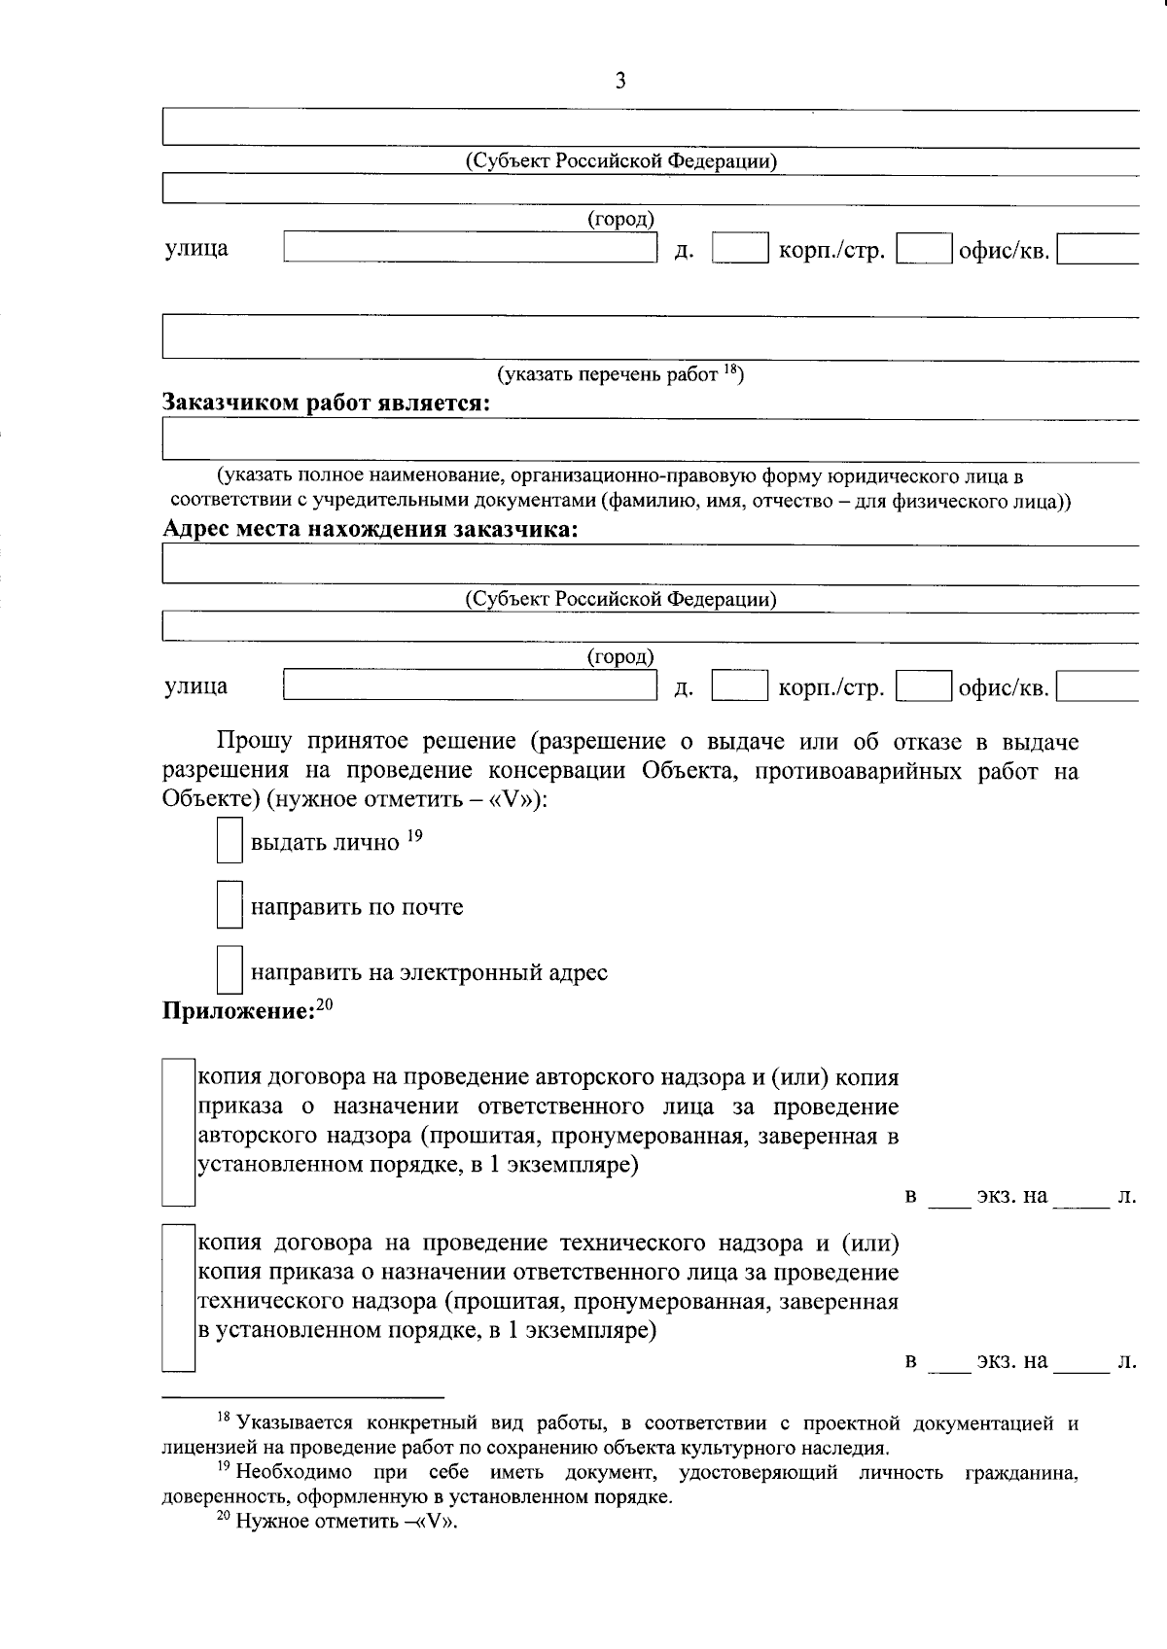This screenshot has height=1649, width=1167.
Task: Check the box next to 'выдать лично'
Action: [x=229, y=841]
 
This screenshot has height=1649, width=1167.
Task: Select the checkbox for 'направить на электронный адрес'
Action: [x=229, y=971]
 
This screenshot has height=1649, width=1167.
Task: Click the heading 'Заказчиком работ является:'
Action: [x=326, y=403]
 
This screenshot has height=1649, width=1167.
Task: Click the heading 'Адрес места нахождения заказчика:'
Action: [x=370, y=530]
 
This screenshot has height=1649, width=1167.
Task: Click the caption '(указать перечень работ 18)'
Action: [x=620, y=374]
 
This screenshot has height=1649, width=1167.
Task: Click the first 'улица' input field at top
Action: [x=471, y=248]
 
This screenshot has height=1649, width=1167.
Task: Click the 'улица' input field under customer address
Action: [x=471, y=686]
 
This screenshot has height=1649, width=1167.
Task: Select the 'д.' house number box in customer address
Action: [x=740, y=686]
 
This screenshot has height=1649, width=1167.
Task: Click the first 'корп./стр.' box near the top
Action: [x=924, y=248]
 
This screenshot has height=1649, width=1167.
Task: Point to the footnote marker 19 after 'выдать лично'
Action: [x=415, y=834]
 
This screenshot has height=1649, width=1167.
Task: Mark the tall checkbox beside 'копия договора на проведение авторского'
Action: [x=179, y=1132]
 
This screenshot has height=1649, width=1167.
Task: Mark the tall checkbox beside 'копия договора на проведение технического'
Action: [x=179, y=1297]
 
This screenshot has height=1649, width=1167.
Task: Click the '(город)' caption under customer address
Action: [x=620, y=658]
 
